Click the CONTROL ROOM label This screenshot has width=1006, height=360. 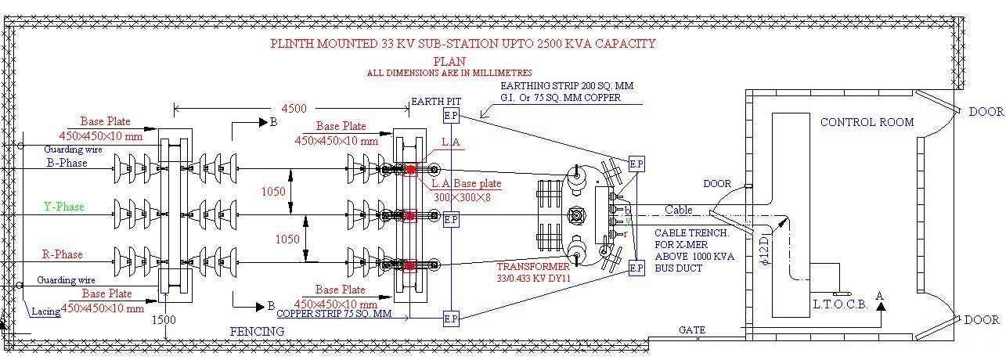[867, 122]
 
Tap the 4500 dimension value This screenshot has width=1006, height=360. [294, 109]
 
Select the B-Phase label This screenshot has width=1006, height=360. [67, 164]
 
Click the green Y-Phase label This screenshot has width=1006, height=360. [63, 207]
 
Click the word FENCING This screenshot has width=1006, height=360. [257, 332]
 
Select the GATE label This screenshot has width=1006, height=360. [692, 330]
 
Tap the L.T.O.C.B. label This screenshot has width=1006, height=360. [839, 304]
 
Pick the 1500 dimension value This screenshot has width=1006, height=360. [164, 320]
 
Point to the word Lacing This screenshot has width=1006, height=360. [45, 311]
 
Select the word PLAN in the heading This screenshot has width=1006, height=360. [449, 61]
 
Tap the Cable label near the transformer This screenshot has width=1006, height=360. [679, 210]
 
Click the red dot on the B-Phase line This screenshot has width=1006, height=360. [410, 170]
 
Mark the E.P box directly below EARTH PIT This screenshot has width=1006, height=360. [451, 117]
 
